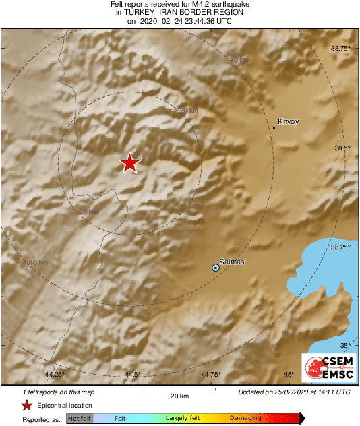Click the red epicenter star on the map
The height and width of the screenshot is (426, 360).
pyautogui.click(x=129, y=162)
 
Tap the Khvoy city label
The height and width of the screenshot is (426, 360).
pyautogui.click(x=288, y=122)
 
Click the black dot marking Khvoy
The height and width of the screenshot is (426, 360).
pyautogui.click(x=274, y=127)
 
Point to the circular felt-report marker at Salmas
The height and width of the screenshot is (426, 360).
pyautogui.click(x=216, y=268)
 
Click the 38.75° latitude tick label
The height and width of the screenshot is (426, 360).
pyautogui.click(x=341, y=49)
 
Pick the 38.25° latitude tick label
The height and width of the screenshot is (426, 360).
pyautogui.click(x=341, y=247)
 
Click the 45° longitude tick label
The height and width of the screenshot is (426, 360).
pyautogui.click(x=289, y=374)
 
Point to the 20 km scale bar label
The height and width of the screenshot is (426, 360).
pyautogui.click(x=179, y=395)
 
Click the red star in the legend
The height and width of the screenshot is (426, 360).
pyautogui.click(x=26, y=405)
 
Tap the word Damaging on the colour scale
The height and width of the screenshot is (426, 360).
pyautogui.click(x=245, y=418)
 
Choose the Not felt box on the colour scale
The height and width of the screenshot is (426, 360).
pyautogui.click(x=80, y=419)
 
